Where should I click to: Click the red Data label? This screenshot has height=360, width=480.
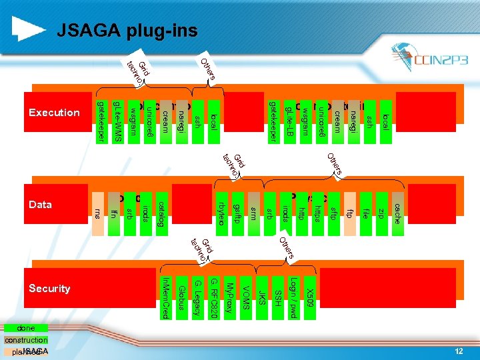click(41, 205)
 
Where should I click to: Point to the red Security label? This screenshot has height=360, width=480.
click(50, 289)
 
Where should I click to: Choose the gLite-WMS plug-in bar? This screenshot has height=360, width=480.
click(117, 121)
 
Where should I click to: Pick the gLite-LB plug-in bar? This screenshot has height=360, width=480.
click(288, 121)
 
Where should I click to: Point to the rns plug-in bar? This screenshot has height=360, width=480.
click(97, 212)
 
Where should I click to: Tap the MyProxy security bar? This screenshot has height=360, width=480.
click(229, 297)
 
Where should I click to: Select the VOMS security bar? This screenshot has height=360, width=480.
click(245, 297)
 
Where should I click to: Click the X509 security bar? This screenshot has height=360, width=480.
click(310, 297)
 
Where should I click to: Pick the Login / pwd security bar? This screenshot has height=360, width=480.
click(293, 297)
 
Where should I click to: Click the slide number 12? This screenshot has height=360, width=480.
click(459, 351)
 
